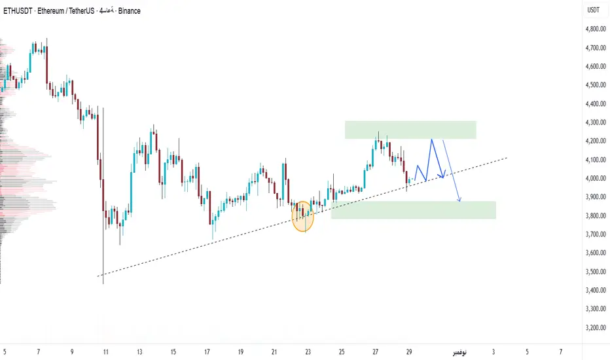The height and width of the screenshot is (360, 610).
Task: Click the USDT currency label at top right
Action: coord(594,10)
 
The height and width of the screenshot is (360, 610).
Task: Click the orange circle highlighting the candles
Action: coord(302,216)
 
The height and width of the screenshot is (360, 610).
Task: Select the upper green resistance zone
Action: coord(410,130)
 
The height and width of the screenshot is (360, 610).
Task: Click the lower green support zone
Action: coord(413,209)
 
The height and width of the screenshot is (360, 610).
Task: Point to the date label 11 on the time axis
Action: coord(105,352)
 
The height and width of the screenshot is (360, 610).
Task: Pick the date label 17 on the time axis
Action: coord(207,352)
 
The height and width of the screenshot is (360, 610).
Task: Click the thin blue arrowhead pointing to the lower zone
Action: coord(460,200)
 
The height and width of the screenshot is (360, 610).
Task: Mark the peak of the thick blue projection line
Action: coord(431,139)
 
